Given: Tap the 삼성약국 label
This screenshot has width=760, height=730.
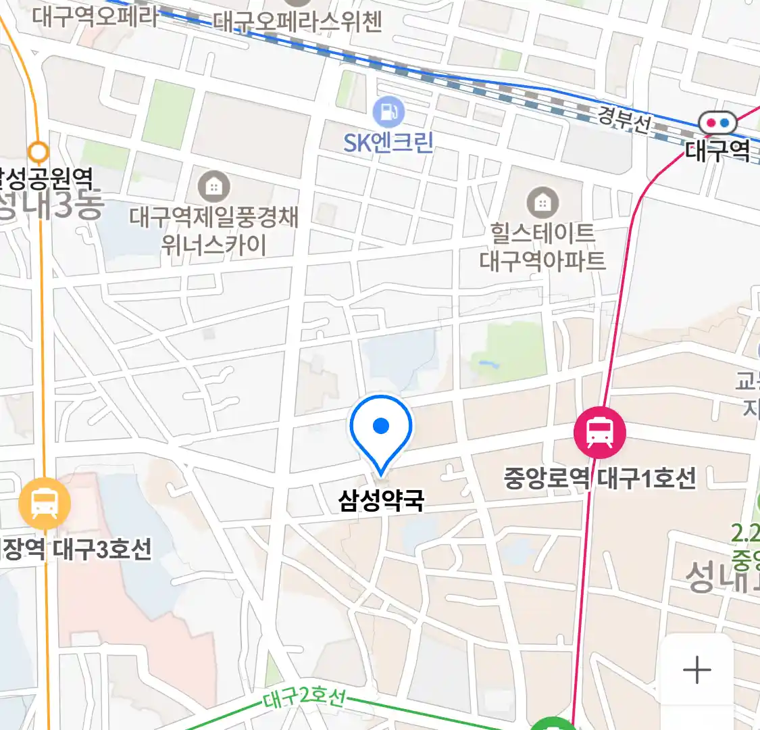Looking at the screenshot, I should (x=381, y=501).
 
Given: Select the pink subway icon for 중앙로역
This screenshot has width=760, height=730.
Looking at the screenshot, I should (x=599, y=433).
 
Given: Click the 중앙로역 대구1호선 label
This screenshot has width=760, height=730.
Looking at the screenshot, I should (x=600, y=479).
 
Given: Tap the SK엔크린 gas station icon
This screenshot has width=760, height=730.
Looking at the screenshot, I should (x=388, y=112).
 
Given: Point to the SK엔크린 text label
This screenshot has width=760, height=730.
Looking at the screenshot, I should (x=388, y=143).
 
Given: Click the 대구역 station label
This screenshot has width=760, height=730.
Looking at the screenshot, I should (x=717, y=149).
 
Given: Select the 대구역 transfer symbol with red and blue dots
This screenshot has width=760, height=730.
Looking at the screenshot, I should (x=717, y=123).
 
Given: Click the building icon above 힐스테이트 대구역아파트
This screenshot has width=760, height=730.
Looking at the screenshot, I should (x=542, y=202).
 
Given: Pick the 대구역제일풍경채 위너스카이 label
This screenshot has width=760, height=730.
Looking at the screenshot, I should (x=214, y=230).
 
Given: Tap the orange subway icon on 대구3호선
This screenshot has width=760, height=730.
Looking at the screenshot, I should (x=45, y=503).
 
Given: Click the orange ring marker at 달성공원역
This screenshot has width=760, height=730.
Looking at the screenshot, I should (x=39, y=151).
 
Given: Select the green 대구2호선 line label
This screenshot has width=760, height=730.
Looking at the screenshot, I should (x=304, y=697).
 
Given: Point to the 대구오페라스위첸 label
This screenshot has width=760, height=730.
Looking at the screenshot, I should (x=298, y=22).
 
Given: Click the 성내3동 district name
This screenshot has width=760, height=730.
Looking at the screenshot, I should (x=51, y=205).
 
